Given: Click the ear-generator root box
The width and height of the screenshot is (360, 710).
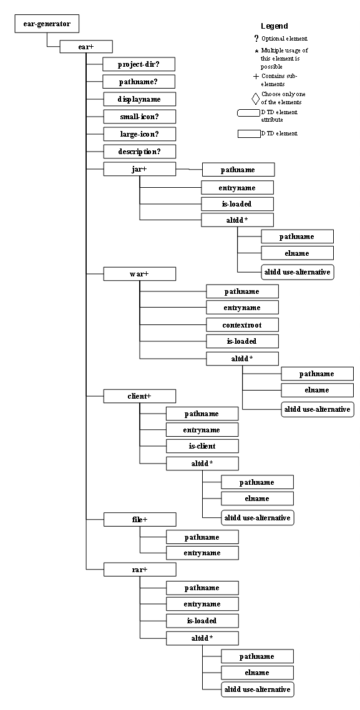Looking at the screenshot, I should (47, 25).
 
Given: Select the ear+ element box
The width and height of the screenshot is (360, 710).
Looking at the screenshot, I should (85, 46).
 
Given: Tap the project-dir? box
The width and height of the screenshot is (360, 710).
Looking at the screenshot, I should (139, 64).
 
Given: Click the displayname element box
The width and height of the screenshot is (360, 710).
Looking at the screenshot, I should (139, 99).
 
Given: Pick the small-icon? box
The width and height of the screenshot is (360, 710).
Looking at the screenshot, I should (139, 117).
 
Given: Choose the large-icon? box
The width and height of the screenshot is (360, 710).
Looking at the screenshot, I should (139, 134).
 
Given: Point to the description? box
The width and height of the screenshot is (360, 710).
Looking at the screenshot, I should (139, 152).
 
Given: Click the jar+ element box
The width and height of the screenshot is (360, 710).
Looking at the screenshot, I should (139, 169).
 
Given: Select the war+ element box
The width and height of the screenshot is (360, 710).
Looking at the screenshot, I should (139, 274).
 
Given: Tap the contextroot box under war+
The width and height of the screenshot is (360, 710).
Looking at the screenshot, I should (242, 325).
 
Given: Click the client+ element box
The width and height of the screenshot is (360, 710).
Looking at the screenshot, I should (139, 396).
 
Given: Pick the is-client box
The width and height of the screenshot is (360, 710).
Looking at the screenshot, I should (202, 446).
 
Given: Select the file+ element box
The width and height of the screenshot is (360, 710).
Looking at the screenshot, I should (139, 519).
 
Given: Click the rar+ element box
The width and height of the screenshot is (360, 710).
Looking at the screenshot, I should (139, 570).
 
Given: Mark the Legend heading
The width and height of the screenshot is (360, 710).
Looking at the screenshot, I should (274, 26).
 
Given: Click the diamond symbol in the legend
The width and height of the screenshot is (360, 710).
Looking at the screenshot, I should (255, 99).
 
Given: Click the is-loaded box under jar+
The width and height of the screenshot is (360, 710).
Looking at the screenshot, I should (237, 204).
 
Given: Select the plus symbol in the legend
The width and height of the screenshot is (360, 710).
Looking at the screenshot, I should (255, 76).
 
